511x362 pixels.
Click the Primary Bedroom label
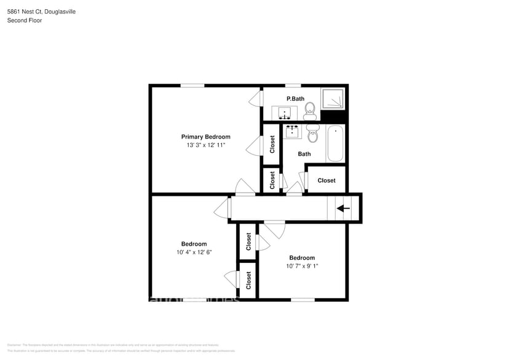205,137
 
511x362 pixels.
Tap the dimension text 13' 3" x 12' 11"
205,145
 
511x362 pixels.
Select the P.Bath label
295,99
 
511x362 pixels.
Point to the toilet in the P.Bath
311,111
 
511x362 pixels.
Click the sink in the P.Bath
285,113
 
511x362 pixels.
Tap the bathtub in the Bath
335,143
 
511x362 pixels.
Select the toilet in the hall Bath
314,133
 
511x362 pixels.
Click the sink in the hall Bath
292,131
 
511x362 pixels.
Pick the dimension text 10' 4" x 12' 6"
194,252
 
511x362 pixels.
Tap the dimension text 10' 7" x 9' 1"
302,266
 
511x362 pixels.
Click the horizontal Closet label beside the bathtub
327,180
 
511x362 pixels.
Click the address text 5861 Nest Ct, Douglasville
42,12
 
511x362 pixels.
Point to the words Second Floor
24,20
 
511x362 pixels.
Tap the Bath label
304,154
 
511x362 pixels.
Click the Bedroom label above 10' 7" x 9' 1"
302,258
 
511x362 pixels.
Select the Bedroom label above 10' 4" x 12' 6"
194,244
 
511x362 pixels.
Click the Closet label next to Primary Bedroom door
272,145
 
